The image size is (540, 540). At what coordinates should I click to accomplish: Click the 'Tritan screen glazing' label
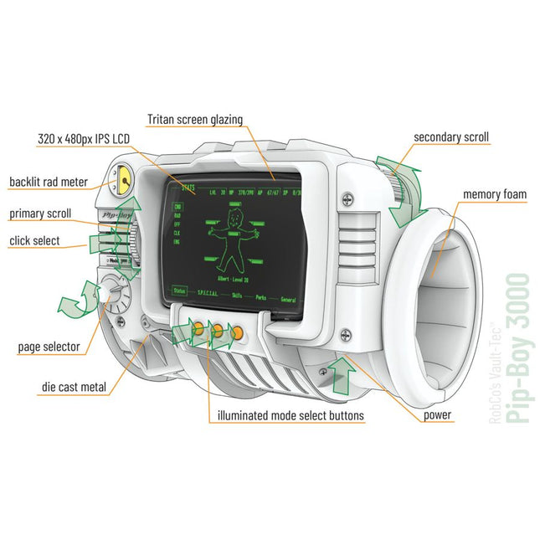click(x=194, y=120)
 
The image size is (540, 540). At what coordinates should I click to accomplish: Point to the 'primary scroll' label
click(x=41, y=213)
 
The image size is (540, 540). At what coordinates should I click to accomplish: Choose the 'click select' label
click(x=36, y=241)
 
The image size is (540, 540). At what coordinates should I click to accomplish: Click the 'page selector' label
click(x=49, y=346)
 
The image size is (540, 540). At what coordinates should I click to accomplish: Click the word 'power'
click(x=437, y=414)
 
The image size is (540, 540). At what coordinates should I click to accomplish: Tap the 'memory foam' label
click(x=495, y=195)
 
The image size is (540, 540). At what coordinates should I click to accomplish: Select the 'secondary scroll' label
click(x=451, y=136)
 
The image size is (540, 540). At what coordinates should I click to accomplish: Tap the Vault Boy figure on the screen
click(x=231, y=237)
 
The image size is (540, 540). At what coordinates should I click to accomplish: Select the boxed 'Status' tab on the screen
click(x=180, y=291)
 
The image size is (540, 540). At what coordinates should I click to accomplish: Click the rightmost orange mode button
click(x=238, y=332)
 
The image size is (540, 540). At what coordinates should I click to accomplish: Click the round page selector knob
click(x=114, y=295)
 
